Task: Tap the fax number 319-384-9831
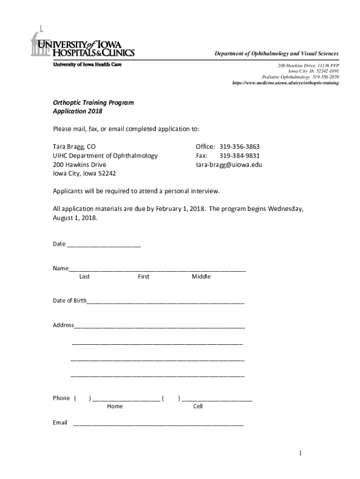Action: (x=239, y=156)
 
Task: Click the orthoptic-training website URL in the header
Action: (x=286, y=83)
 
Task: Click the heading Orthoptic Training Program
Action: (x=93, y=102)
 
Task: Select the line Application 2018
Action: (x=77, y=111)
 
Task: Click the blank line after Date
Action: (x=104, y=245)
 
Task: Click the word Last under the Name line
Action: (x=85, y=276)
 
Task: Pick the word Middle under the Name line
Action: (x=201, y=276)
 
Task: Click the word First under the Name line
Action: (x=144, y=276)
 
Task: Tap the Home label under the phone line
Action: (x=115, y=406)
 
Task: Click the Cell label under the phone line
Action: (x=198, y=406)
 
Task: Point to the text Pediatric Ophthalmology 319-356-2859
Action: (x=300, y=77)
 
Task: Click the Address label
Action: (x=63, y=325)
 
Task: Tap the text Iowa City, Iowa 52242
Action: (x=85, y=174)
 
